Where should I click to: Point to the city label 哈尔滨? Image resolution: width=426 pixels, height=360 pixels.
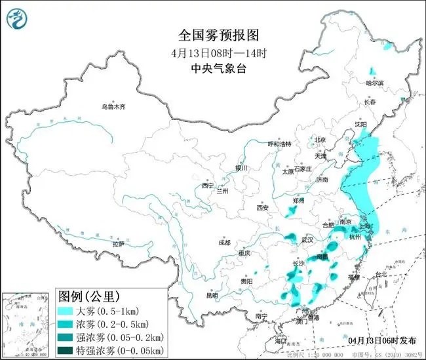click(374, 83)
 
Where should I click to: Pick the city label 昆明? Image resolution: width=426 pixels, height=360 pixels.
click(212, 295)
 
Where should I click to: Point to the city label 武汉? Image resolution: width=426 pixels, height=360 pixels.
click(307, 241)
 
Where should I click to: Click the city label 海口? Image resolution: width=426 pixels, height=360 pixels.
click(281, 341)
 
